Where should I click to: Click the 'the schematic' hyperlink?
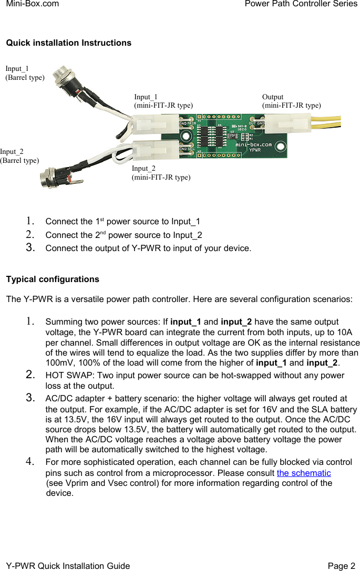coord(304,473)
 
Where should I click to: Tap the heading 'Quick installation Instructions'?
coord(68,43)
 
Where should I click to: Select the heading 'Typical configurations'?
coord(52,279)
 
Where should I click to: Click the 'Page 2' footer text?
coord(341,566)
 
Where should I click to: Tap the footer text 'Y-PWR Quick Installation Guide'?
coord(68,566)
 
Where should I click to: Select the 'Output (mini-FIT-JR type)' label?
coord(291,101)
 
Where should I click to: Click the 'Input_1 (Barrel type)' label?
coord(25,73)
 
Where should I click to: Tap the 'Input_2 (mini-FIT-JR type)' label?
coord(161,173)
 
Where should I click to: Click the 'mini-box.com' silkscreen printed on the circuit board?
coord(253,143)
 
